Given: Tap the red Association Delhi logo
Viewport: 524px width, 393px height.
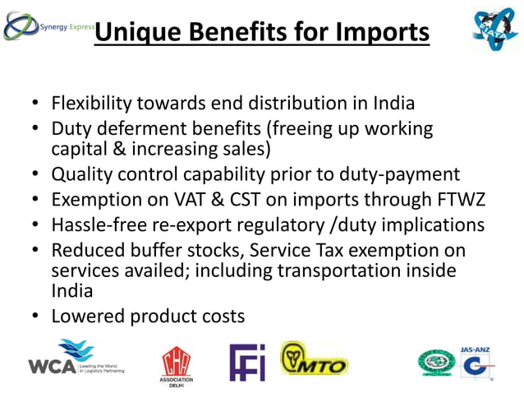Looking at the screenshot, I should pyautogui.click(x=177, y=362).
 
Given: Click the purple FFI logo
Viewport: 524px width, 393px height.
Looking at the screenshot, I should pyautogui.click(x=247, y=362).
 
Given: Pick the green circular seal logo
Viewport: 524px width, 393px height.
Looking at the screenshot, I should pyautogui.click(x=435, y=363).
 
